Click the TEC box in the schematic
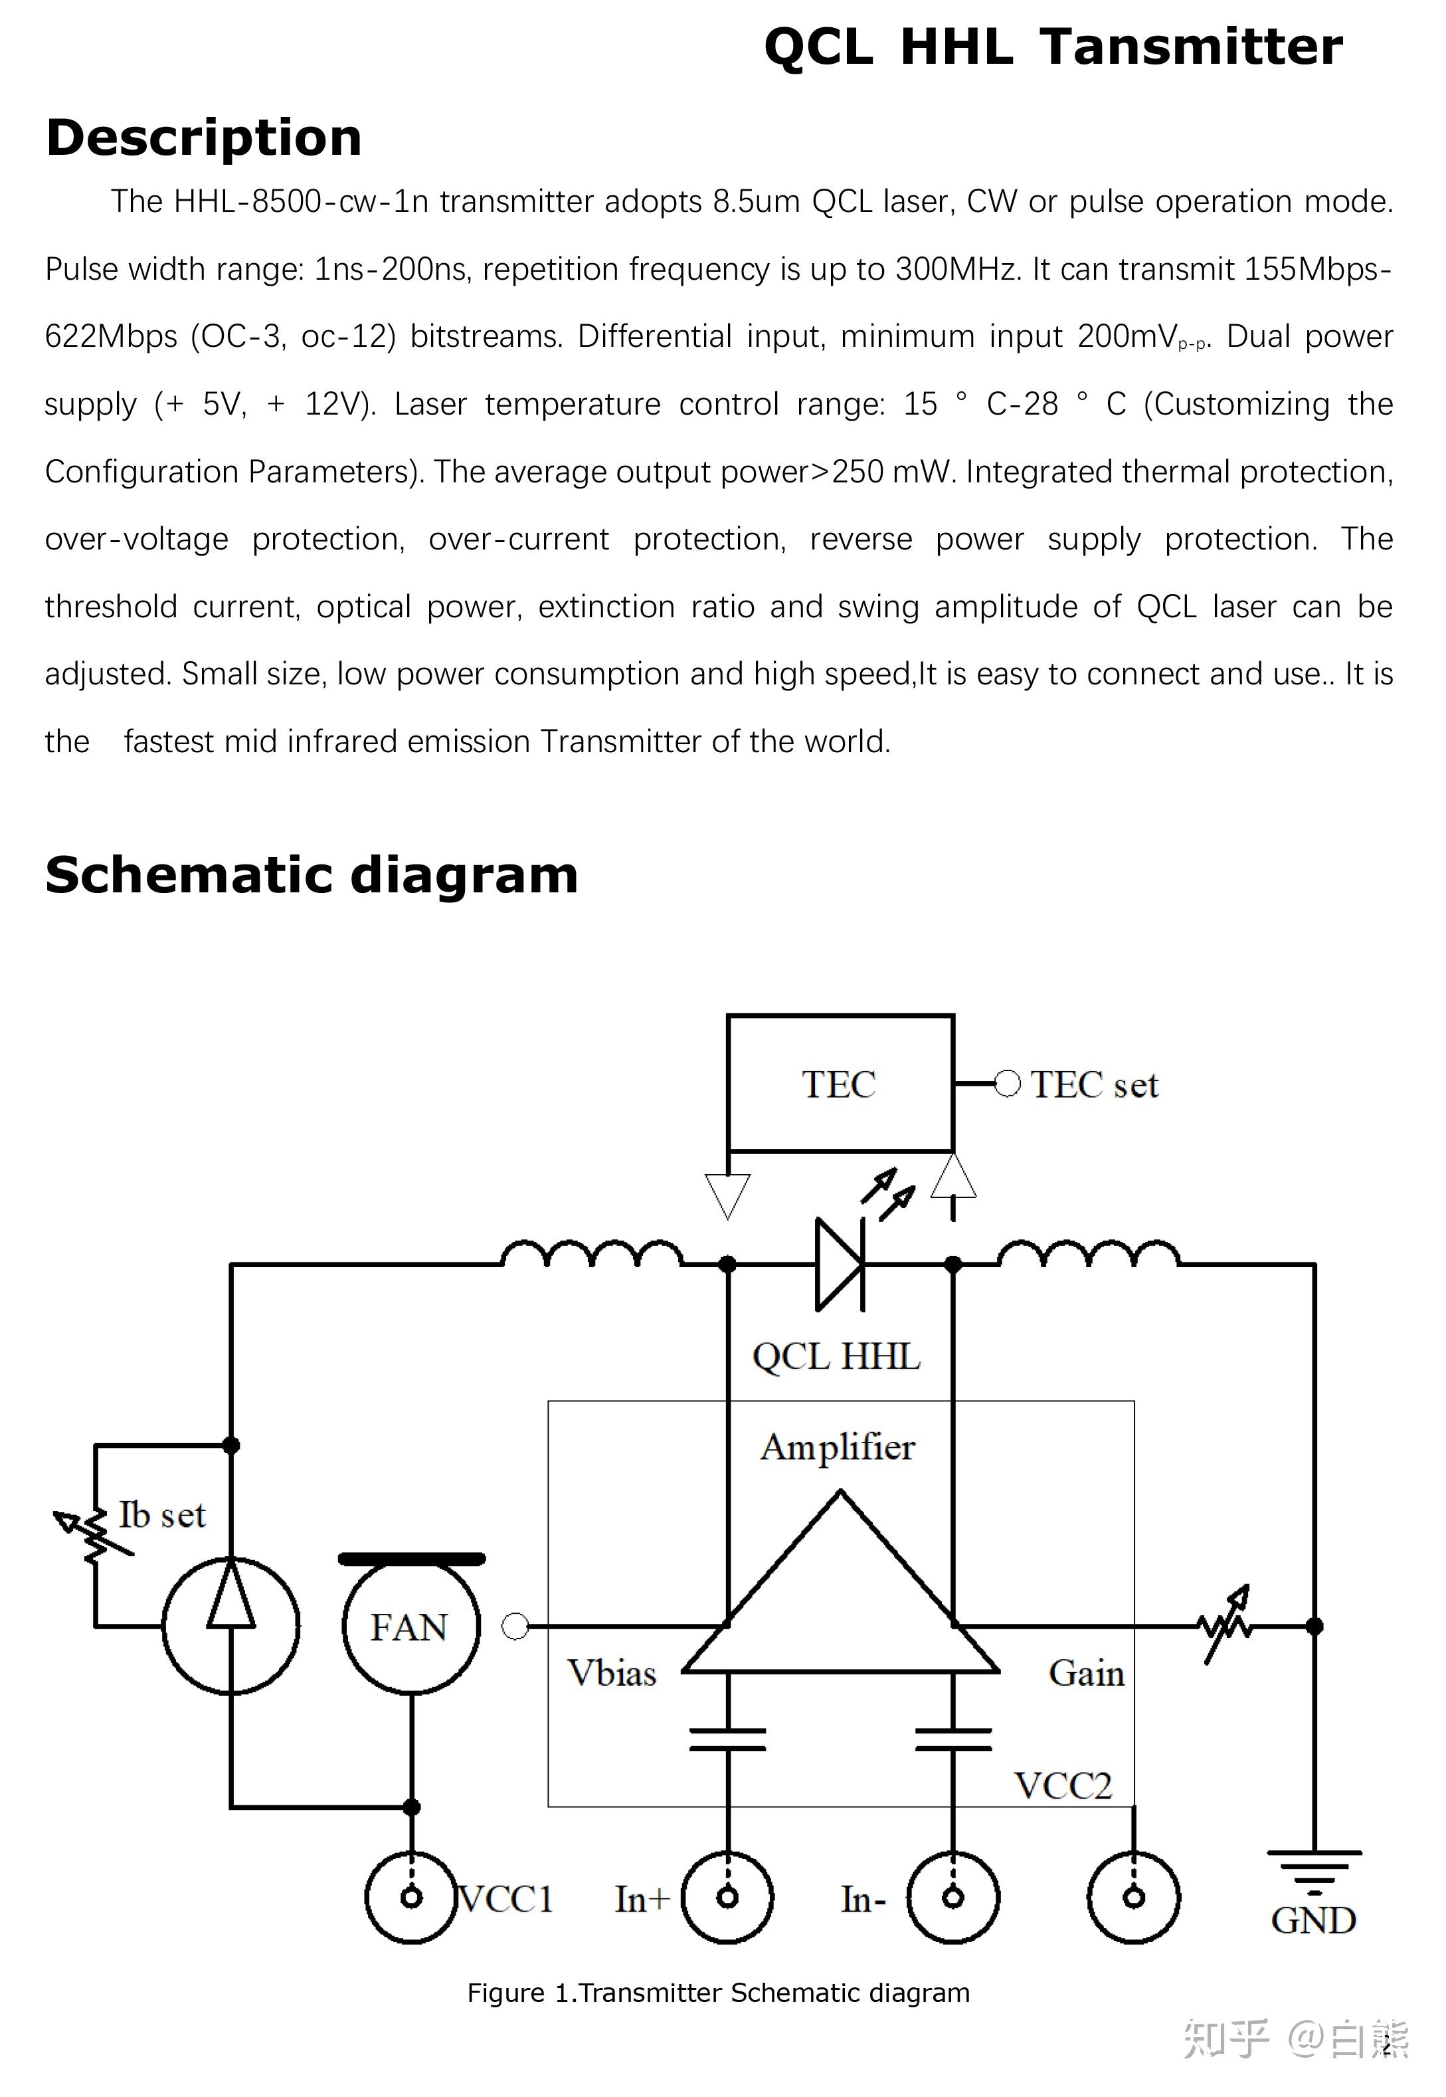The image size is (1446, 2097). (x=840, y=1083)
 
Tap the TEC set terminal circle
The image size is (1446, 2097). (x=1006, y=1084)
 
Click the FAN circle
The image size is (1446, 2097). (x=410, y=1627)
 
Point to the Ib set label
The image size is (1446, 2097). (x=162, y=1515)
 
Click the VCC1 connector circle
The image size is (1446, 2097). (x=411, y=1897)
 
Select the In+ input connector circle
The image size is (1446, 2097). (x=727, y=1897)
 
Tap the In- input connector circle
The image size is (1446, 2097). (x=953, y=1897)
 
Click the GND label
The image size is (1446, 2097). (x=1312, y=1921)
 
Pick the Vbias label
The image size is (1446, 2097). (x=612, y=1673)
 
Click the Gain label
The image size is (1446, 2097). (x=1086, y=1673)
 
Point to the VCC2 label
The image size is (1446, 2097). (x=1063, y=1786)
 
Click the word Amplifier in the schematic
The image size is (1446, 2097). (x=838, y=1447)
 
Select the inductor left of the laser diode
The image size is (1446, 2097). (x=592, y=1254)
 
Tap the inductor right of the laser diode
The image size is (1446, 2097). (x=1088, y=1254)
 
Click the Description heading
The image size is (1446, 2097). (x=204, y=138)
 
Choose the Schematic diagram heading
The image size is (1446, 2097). (x=312, y=876)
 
